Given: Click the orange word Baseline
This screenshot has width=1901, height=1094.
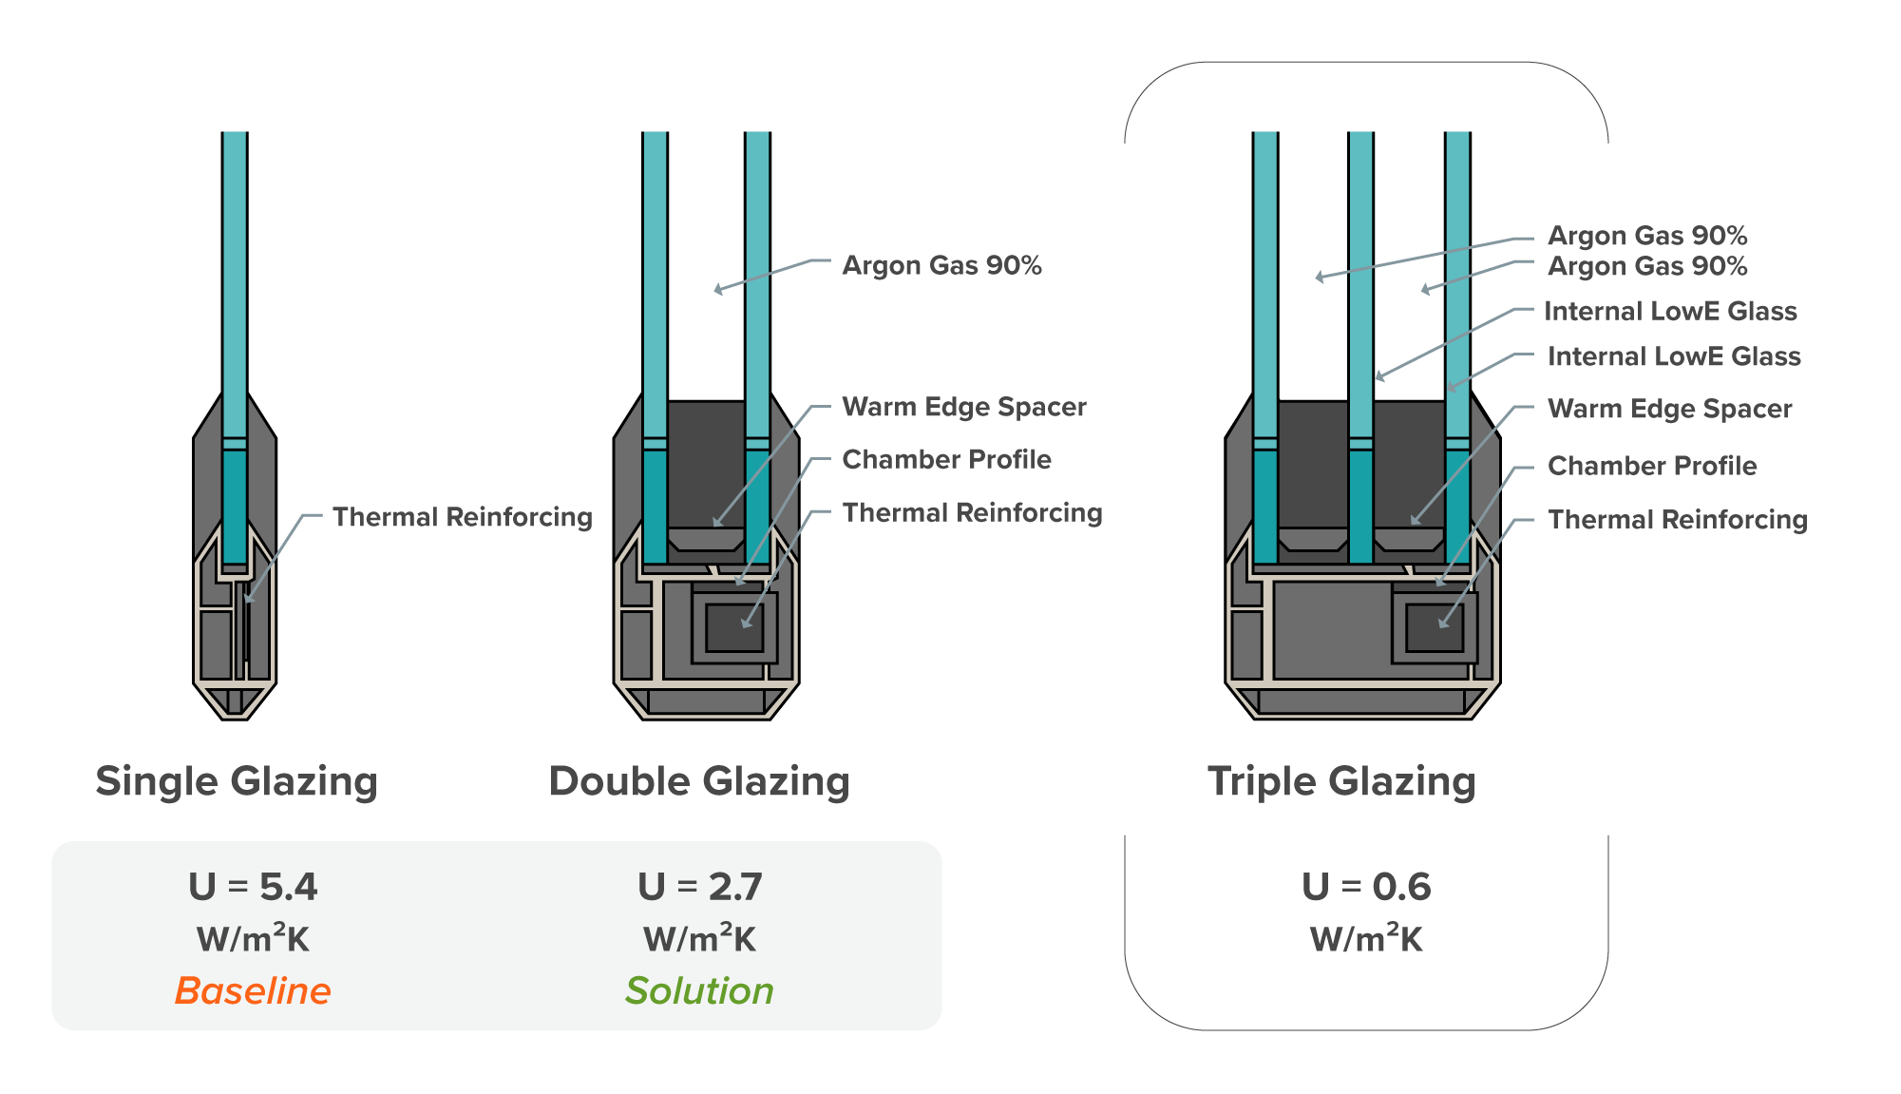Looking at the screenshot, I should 253,990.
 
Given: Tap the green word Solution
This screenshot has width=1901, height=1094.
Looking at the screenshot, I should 699,990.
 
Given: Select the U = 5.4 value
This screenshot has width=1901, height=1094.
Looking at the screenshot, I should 253,886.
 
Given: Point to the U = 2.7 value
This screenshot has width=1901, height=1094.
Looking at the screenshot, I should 699,886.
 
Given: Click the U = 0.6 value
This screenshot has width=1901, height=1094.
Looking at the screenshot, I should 1366,886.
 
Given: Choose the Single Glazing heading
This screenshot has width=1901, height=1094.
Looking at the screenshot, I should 237,781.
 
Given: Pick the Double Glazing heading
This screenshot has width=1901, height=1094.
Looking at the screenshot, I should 699,781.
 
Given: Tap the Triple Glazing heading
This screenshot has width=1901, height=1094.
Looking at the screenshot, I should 1341,781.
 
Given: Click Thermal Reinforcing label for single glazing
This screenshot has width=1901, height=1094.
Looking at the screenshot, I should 462,517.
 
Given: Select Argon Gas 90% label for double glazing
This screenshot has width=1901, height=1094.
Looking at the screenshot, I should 941,265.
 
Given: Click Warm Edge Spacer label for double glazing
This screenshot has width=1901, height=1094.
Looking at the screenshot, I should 963,407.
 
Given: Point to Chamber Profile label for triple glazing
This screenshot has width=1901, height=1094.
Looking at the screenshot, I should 1652,466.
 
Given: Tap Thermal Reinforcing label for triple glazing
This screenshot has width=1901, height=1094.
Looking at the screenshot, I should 1677,519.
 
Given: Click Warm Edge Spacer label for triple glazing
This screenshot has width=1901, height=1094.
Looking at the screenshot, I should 1669,409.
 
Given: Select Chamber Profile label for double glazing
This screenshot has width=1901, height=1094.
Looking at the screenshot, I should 946,459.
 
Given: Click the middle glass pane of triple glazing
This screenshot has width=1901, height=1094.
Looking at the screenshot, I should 1360,285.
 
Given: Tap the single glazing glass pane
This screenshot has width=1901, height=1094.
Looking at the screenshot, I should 235,285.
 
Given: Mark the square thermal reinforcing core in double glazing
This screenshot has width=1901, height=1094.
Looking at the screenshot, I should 734,628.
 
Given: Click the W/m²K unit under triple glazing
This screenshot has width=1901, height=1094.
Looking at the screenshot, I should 1366,939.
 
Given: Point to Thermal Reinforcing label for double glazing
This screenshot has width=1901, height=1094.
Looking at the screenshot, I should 972,513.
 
